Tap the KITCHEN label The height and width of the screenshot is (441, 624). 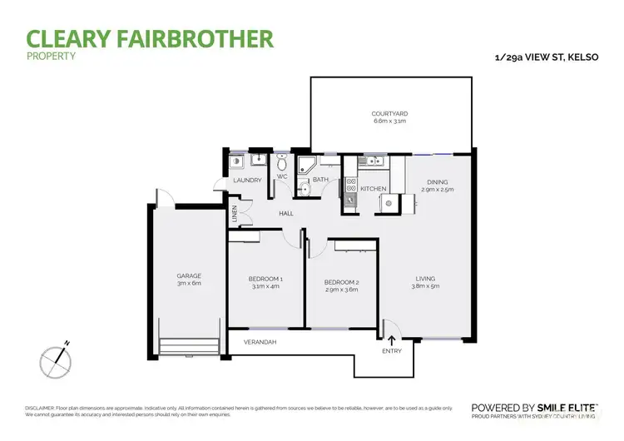click(373, 190)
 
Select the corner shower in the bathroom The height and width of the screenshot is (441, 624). click(307, 161)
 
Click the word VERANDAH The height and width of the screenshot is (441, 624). click(259, 343)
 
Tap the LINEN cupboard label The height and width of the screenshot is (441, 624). click(235, 215)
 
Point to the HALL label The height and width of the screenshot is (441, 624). click(287, 214)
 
